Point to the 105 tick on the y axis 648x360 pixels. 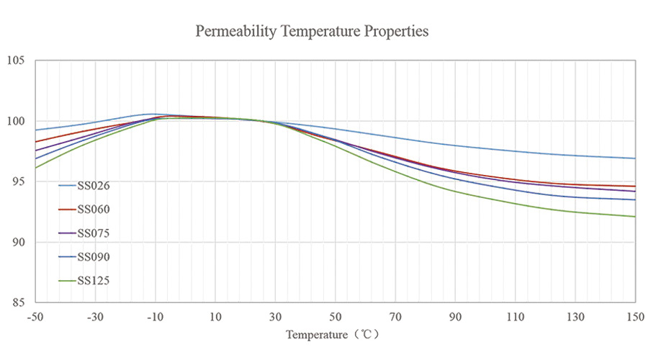16,60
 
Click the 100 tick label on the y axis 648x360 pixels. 16,121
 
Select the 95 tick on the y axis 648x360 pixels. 19,181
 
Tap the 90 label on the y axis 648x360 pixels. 19,242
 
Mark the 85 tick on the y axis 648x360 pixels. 19,302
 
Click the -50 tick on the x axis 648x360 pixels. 35,318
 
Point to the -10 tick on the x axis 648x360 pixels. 155,318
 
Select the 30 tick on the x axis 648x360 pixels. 275,318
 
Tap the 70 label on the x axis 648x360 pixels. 395,318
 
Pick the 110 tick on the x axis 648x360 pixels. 516,318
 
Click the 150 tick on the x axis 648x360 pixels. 635,318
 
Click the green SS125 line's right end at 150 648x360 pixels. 634,216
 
